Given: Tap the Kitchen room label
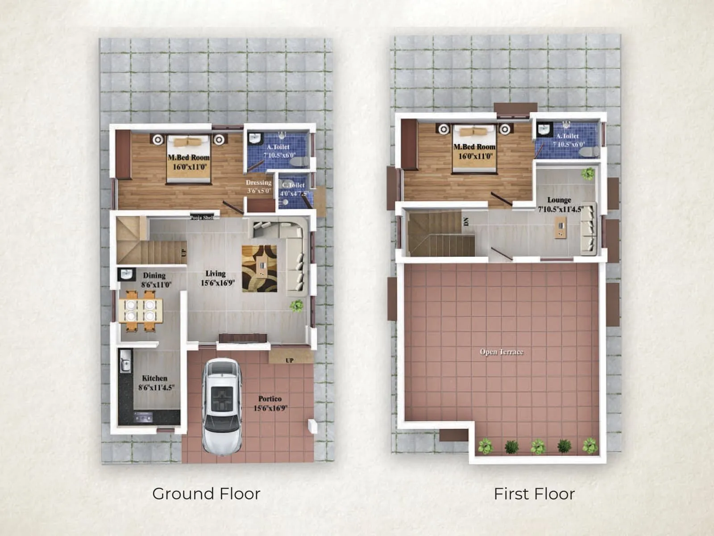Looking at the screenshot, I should click(x=155, y=378).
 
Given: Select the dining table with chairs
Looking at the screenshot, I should click(x=140, y=310).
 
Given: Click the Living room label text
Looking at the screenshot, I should click(x=216, y=274).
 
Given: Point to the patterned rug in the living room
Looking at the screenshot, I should click(x=259, y=268).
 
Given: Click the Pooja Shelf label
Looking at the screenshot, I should click(x=202, y=218).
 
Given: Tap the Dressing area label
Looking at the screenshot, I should click(x=258, y=183).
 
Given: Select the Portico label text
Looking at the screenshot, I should click(x=270, y=398).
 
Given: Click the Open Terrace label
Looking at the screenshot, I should click(x=501, y=352).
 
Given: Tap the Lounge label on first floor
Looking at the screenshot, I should click(x=559, y=200).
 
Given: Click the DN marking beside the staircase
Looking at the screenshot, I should click(x=465, y=222).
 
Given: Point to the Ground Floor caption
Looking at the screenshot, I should click(x=206, y=494).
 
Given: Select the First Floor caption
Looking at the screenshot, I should click(x=534, y=494).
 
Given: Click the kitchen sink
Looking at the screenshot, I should click(x=125, y=361).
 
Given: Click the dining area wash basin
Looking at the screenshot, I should click(x=126, y=274).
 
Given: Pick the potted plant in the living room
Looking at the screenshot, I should click(x=296, y=306).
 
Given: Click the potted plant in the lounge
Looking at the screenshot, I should click(x=588, y=173).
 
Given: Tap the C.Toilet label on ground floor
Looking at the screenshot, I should click(x=293, y=185).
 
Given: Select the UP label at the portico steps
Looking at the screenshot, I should click(x=290, y=360).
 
